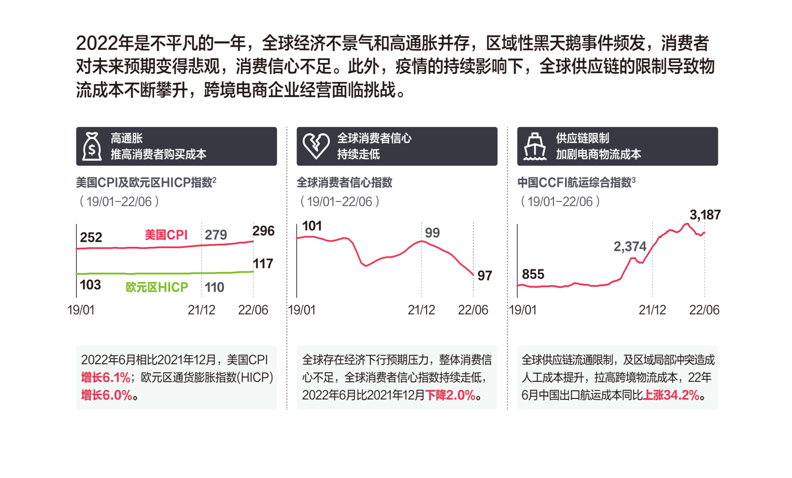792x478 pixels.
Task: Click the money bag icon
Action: (92, 147)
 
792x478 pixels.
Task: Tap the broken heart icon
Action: (316, 146)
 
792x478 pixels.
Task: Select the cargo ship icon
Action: (535, 147)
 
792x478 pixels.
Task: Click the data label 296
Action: (263, 231)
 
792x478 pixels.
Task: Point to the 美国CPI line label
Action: (166, 235)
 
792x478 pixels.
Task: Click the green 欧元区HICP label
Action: (157, 287)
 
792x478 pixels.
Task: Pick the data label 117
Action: (263, 263)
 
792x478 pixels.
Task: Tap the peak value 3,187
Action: (705, 215)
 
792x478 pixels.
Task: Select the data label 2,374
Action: (629, 246)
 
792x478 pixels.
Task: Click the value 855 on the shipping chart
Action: (533, 274)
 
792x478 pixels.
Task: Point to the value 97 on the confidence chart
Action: (484, 276)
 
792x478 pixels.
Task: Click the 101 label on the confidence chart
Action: (312, 226)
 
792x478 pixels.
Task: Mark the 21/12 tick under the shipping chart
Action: (652, 310)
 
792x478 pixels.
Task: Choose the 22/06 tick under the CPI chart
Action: (253, 310)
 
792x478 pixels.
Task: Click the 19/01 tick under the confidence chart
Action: (302, 310)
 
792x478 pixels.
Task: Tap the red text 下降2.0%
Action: (450, 395)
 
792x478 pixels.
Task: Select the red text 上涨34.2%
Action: (671, 395)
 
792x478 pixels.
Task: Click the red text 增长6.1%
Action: (106, 377)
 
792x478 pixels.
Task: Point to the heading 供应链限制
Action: (582, 138)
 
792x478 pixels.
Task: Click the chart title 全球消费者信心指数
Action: (344, 182)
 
